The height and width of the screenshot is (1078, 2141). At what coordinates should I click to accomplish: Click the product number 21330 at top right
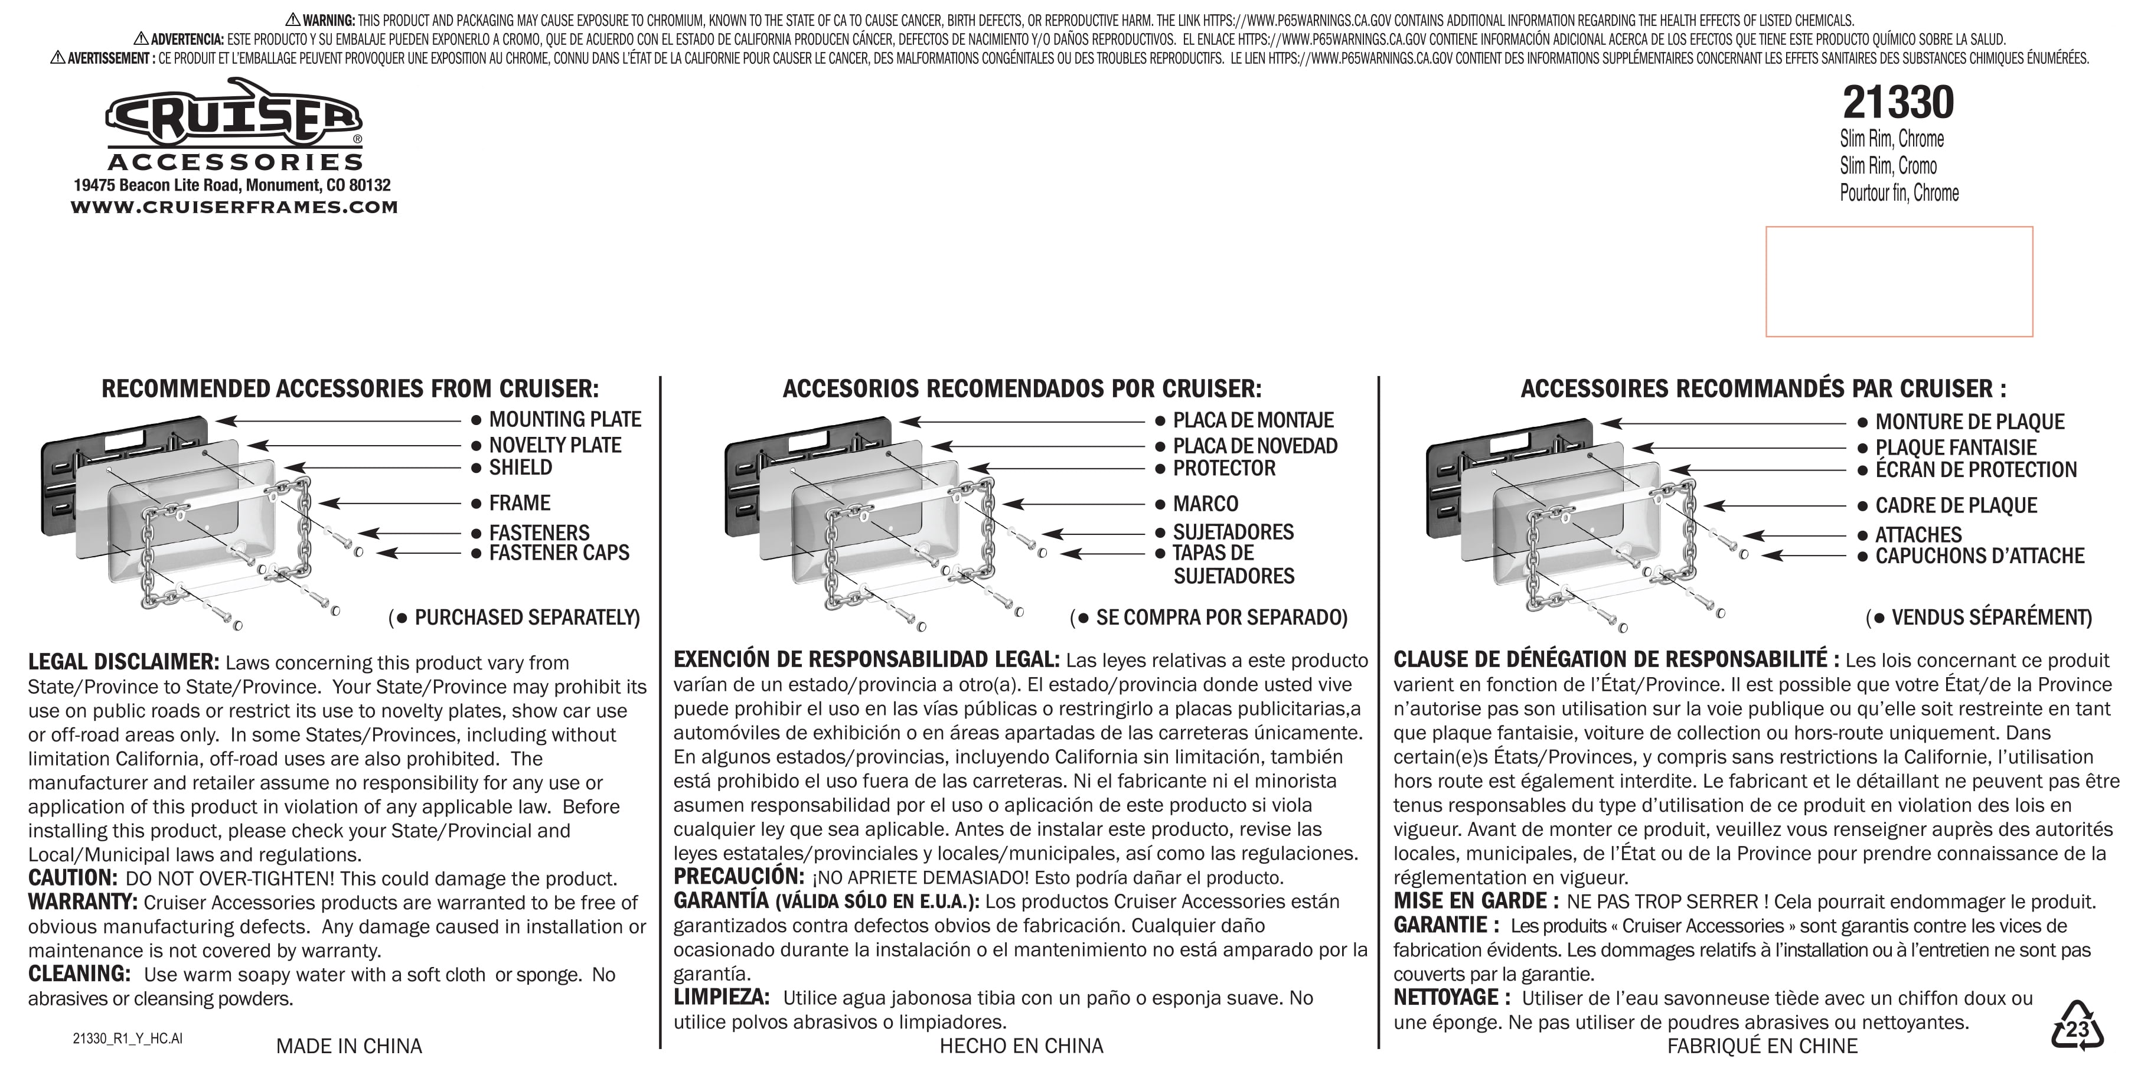[1898, 103]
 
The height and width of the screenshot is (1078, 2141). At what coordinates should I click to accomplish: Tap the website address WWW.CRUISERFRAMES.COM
[234, 207]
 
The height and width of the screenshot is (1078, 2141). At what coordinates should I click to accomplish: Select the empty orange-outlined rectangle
[1898, 281]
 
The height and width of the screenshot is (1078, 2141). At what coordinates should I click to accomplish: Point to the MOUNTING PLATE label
[564, 420]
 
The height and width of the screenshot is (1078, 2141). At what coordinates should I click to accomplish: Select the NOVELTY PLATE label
[554, 446]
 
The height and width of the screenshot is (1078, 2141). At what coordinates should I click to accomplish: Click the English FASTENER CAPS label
[559, 553]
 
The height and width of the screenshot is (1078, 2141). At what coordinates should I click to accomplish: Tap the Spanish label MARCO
[1205, 504]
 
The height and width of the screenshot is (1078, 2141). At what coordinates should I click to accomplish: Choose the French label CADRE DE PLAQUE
[1956, 505]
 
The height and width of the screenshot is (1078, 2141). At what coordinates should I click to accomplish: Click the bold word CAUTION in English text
[72, 878]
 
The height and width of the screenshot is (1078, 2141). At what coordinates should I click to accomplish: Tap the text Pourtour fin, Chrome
[1898, 193]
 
